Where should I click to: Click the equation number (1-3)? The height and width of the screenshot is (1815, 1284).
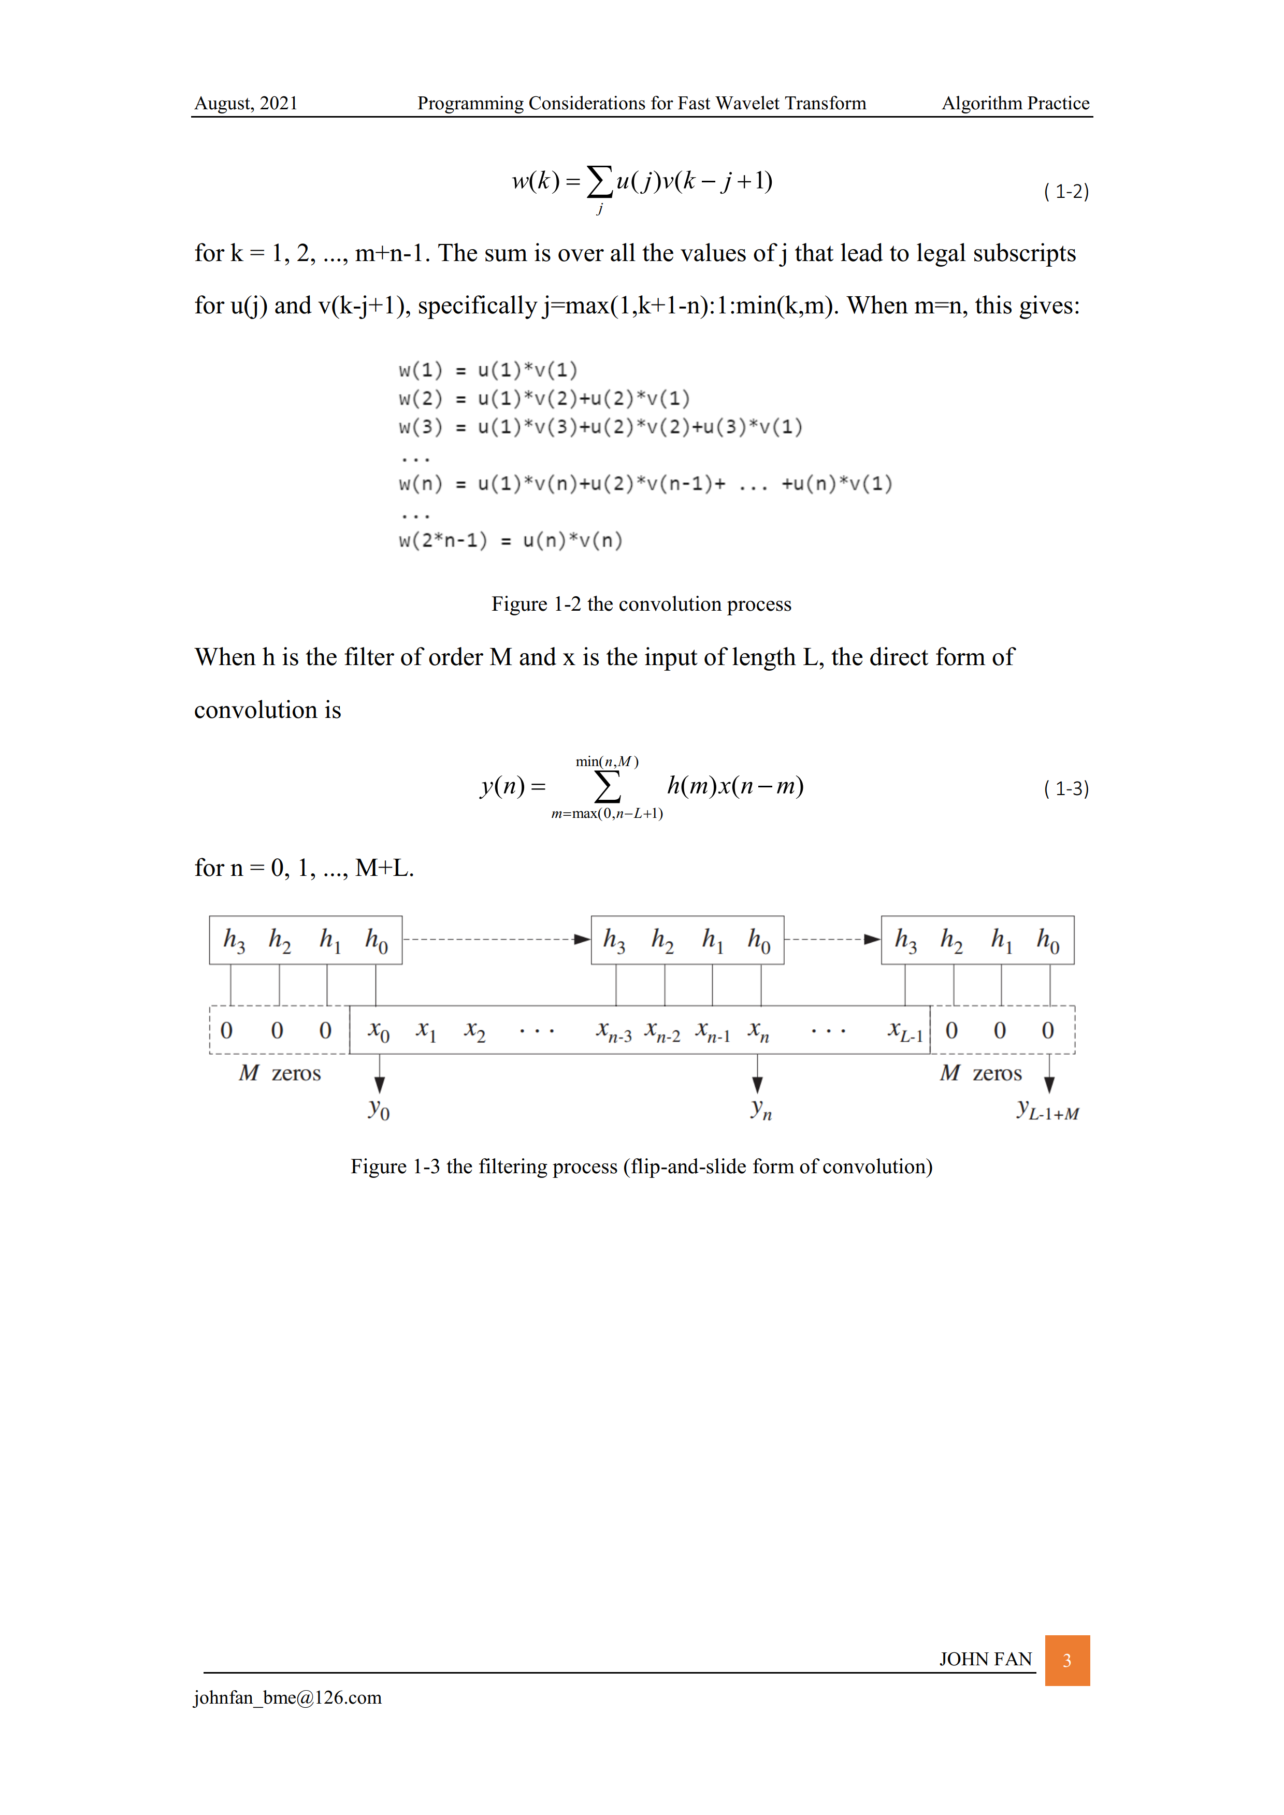(x=1066, y=788)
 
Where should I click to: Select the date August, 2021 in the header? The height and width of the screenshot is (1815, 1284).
(x=246, y=104)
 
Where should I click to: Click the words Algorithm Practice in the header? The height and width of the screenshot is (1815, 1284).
(x=1015, y=104)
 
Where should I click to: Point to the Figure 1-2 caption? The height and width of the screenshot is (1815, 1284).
(x=641, y=604)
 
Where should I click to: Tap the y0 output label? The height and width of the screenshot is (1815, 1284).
(x=379, y=1109)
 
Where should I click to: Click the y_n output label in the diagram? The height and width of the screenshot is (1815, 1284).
(x=760, y=1109)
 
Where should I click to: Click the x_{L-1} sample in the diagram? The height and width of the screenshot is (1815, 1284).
(x=904, y=1031)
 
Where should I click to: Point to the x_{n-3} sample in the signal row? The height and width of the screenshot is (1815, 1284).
(x=614, y=1031)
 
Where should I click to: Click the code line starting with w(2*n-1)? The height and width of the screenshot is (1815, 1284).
(x=511, y=541)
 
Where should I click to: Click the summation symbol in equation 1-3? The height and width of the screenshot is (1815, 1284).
(x=607, y=787)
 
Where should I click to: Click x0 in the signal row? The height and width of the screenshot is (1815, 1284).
(x=379, y=1031)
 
